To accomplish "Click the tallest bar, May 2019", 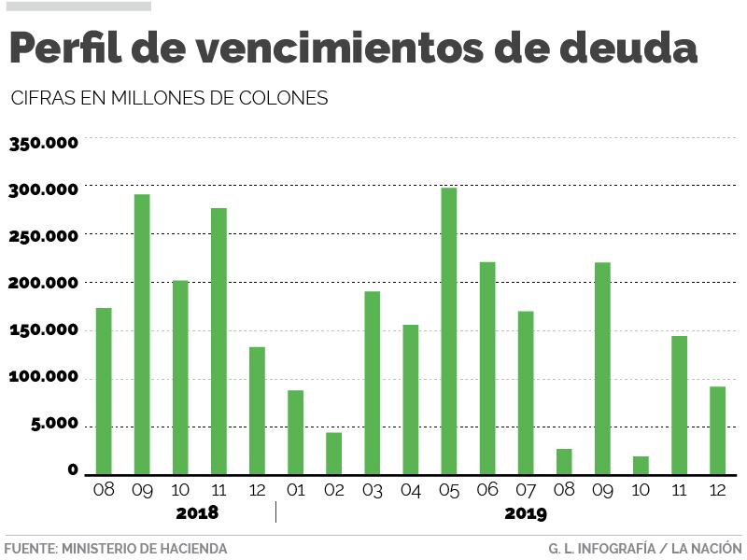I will pos(448,330).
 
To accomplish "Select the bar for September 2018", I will pos(142,333).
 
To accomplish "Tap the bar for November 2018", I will pos(218,341).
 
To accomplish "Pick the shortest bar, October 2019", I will pos(641,465).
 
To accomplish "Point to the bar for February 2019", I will pos(333,453).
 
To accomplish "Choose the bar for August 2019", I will pos(564,461).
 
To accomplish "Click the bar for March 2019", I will pos(372,383).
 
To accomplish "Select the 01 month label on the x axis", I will pos(295,489).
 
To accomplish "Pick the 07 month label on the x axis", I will pos(526,489).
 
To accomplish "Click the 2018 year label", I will pos(197,513).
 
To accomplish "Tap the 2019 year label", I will pos(526,513).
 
